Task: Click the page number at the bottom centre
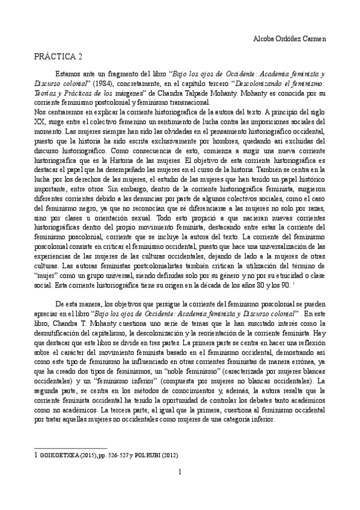(180, 472)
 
